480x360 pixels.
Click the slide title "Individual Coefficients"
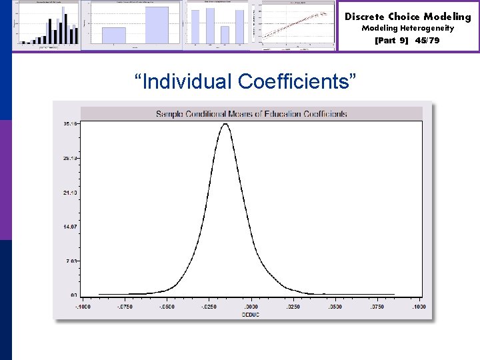click(x=245, y=81)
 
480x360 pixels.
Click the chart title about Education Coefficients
click(x=251, y=113)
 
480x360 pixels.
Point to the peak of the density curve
click(x=225, y=124)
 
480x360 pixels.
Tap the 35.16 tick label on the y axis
click(x=69, y=124)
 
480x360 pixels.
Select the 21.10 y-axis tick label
click(x=69, y=193)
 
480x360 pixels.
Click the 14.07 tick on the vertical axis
click(x=69, y=227)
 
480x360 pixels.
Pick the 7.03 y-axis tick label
click(x=71, y=261)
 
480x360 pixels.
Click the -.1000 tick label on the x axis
click(x=83, y=307)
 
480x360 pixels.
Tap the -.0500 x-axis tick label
click(x=167, y=307)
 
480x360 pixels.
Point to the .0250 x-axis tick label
click(x=293, y=307)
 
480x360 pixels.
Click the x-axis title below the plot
click(x=251, y=313)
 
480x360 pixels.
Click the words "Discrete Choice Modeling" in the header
click(x=407, y=17)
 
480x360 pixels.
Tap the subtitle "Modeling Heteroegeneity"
click(x=407, y=29)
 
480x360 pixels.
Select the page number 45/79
click(x=427, y=41)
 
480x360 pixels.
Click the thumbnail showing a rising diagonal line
click(x=298, y=25)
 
